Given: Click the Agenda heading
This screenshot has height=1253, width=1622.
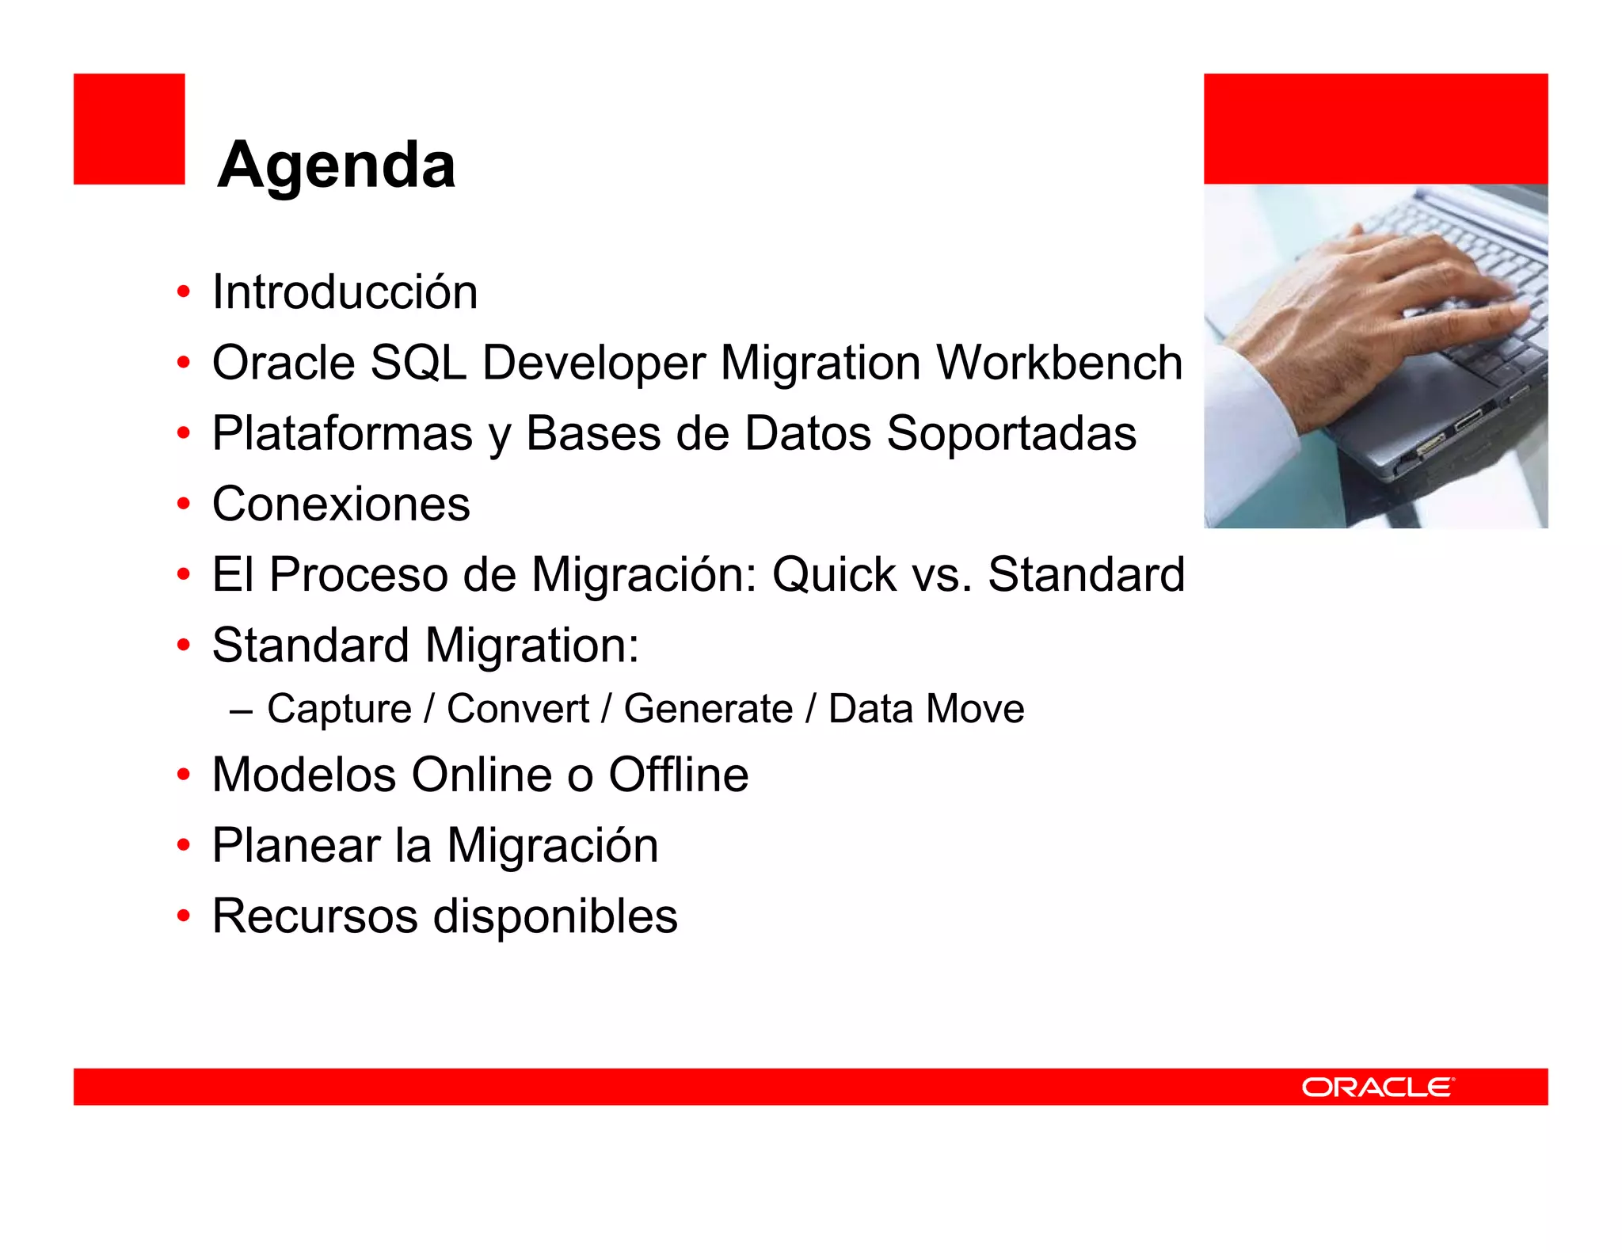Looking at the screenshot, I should coord(336,165).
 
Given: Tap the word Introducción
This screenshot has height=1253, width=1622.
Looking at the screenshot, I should coord(345,292).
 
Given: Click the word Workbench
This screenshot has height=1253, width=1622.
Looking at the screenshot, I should coord(1060,363).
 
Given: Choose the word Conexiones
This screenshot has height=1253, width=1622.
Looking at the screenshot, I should coord(341,505).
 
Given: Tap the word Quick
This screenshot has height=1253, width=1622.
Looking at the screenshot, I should coord(834,575).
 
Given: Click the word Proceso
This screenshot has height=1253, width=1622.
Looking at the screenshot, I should coord(358,575).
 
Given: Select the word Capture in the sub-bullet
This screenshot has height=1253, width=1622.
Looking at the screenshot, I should coord(339,709).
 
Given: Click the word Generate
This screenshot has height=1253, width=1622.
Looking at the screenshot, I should coord(708,709).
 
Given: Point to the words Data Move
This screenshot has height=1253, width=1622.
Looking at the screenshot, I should coord(926,709).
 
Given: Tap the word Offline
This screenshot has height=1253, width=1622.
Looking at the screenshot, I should coord(678,775).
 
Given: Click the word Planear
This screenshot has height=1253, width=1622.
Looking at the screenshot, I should coord(295,846).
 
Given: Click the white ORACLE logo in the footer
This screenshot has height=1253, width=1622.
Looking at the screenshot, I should coord(1377,1087).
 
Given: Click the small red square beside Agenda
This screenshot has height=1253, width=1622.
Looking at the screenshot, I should coord(129,129).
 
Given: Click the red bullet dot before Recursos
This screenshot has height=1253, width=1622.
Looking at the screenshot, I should coord(184,917).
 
